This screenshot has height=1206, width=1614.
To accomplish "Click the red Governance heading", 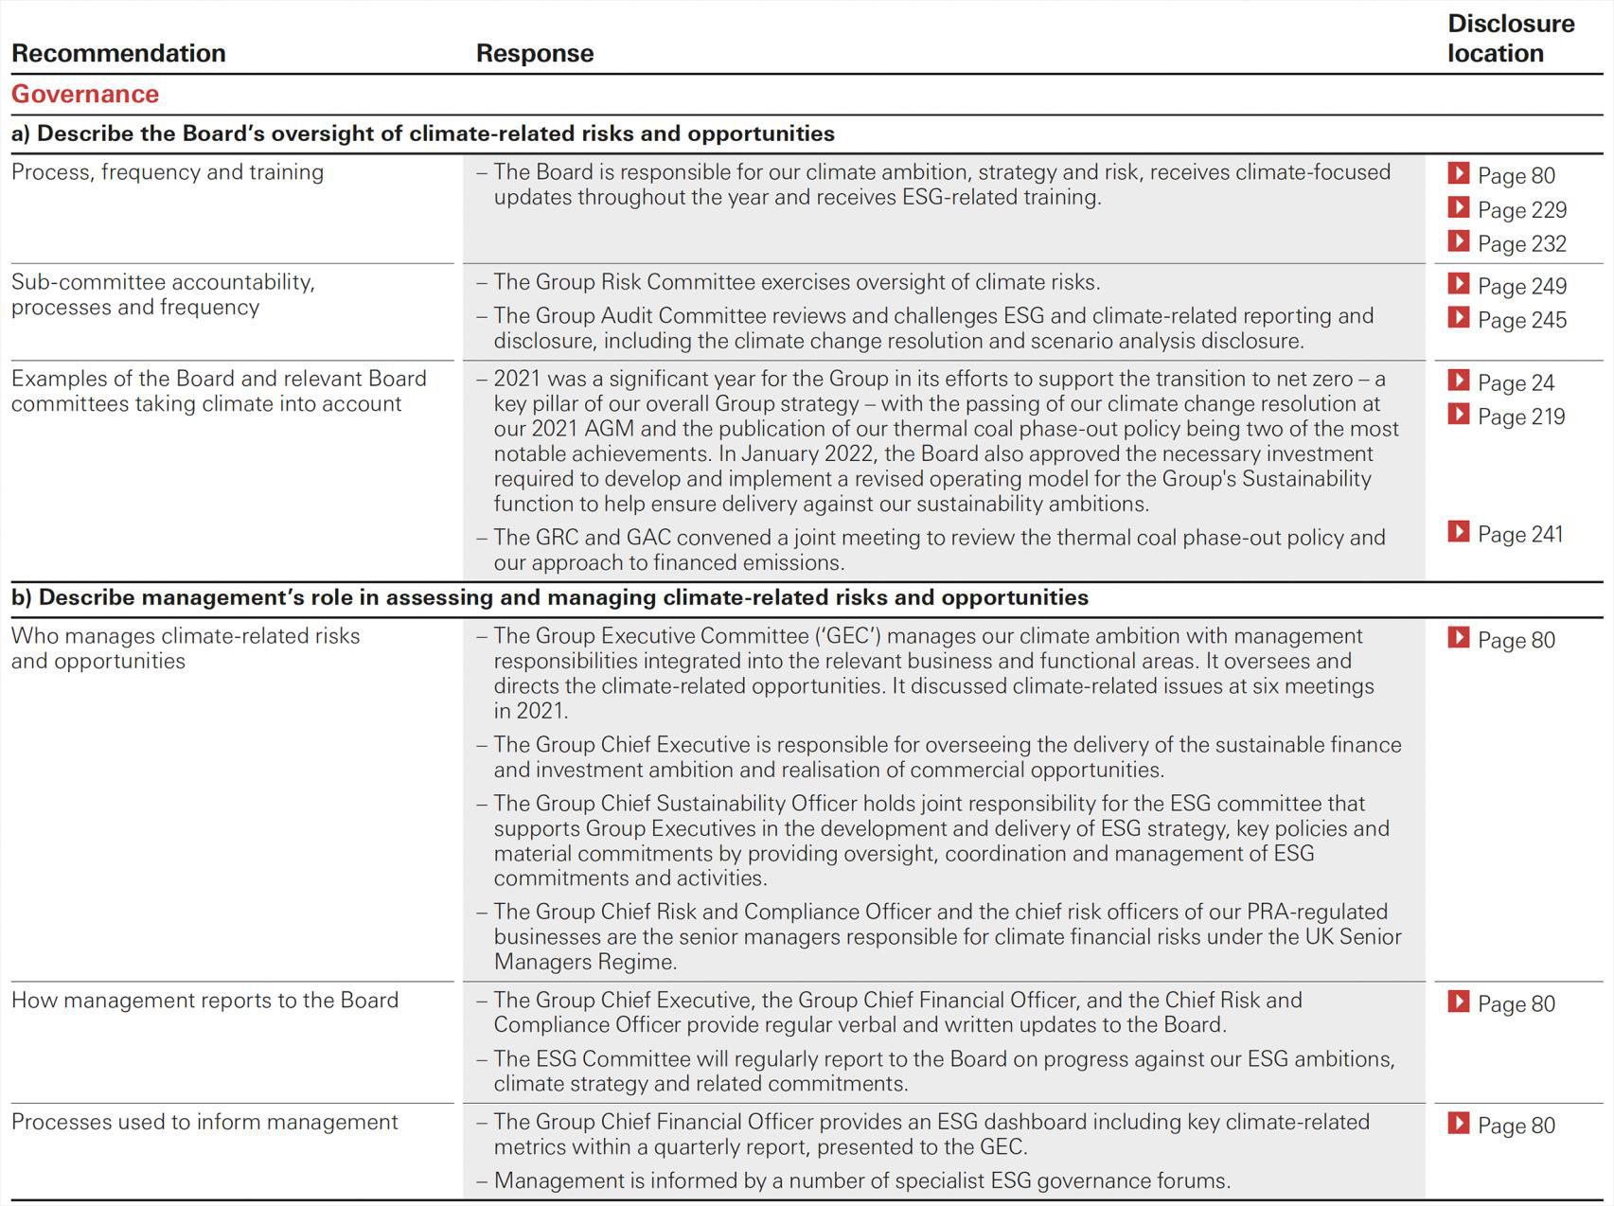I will [x=85, y=95].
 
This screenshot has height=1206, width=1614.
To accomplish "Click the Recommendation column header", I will [x=118, y=54].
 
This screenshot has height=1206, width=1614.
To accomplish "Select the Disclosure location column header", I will [x=1510, y=39].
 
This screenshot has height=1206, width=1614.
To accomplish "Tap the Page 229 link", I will [x=1521, y=210].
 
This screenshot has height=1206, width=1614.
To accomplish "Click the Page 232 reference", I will [x=1521, y=244].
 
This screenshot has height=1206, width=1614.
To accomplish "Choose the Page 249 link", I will [x=1521, y=287].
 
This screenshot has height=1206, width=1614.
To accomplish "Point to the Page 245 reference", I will [x=1521, y=321].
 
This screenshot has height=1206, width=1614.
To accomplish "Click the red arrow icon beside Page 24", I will [x=1459, y=381].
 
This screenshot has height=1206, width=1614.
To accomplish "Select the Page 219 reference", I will [x=1520, y=417].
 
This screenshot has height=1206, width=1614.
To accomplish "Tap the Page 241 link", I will [x=1519, y=535].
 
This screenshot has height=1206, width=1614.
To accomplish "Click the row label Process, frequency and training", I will [x=168, y=172].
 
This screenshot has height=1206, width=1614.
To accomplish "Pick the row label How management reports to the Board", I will [x=204, y=1001].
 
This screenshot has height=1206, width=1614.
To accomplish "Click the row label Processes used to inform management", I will [x=204, y=1123].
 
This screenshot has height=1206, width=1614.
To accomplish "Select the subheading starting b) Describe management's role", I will [x=549, y=598].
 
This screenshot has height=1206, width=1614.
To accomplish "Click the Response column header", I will [x=535, y=54].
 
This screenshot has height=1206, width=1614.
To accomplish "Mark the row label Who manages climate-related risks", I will [x=186, y=636].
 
